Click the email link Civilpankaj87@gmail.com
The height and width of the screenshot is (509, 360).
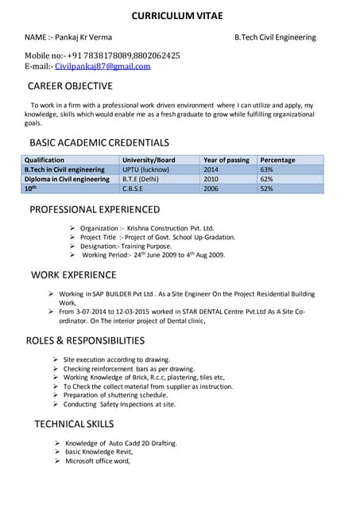tap(102, 67)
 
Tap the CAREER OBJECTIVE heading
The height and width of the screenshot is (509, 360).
tap(70, 86)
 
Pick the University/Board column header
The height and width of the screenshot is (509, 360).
tap(149, 160)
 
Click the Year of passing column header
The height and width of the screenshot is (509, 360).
tap(226, 160)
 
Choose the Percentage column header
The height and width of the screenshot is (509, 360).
tap(277, 160)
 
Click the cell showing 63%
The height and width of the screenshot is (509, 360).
tap(267, 169)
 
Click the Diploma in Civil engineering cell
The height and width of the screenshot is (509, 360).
tap(67, 179)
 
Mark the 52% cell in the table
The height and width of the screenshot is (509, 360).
tap(267, 189)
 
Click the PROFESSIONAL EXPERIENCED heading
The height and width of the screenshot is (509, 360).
tap(95, 210)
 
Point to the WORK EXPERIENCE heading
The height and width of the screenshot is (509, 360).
tap(73, 275)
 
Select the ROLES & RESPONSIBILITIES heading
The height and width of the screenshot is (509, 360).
tap(85, 340)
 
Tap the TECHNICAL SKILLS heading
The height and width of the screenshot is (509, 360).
tap(74, 424)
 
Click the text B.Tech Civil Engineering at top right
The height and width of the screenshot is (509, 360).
tap(275, 37)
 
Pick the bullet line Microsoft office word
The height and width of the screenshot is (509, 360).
tap(97, 460)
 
